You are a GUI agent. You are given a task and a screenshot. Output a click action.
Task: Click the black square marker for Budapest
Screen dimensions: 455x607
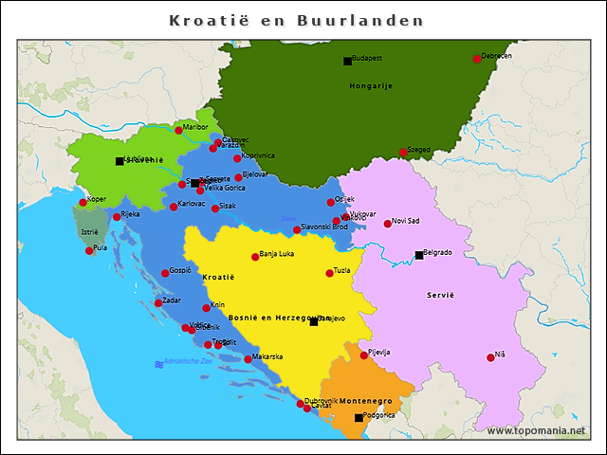tap(347, 62)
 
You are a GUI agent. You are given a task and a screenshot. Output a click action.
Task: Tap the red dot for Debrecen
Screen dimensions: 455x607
tap(477, 59)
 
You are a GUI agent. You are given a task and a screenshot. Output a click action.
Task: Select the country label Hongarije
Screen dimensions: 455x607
tap(371, 85)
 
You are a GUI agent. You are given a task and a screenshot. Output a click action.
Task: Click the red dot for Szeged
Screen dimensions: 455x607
tap(403, 153)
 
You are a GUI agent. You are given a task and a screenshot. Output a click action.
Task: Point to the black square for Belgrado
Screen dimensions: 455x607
tap(419, 255)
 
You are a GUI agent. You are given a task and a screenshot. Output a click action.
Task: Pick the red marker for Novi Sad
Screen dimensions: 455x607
tap(387, 224)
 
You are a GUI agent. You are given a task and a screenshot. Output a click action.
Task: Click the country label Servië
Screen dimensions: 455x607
tap(440, 295)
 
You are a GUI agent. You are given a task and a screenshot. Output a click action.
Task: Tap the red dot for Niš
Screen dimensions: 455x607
tap(490, 357)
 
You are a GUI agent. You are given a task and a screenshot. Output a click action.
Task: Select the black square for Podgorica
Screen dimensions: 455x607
tap(359, 418)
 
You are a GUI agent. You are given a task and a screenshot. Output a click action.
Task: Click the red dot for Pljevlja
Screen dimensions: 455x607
tap(363, 355)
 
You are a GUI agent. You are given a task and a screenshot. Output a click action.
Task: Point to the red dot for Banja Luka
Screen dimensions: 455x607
tap(255, 257)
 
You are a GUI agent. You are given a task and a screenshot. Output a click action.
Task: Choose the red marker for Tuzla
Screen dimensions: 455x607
tap(330, 273)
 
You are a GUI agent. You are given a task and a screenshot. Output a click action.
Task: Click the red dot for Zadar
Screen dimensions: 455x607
tap(158, 303)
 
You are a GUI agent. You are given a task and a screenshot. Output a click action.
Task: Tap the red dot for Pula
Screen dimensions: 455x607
tap(89, 250)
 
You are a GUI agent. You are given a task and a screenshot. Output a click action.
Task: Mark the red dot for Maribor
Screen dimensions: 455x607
tap(178, 130)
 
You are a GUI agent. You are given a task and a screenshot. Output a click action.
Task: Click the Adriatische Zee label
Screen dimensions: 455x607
tap(188, 362)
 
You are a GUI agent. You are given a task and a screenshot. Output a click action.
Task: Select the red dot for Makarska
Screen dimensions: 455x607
tap(248, 359)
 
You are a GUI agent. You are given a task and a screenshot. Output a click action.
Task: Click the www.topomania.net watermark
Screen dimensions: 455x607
tap(536, 430)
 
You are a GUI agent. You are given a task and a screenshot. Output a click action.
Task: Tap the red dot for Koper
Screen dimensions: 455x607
tap(83, 202)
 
